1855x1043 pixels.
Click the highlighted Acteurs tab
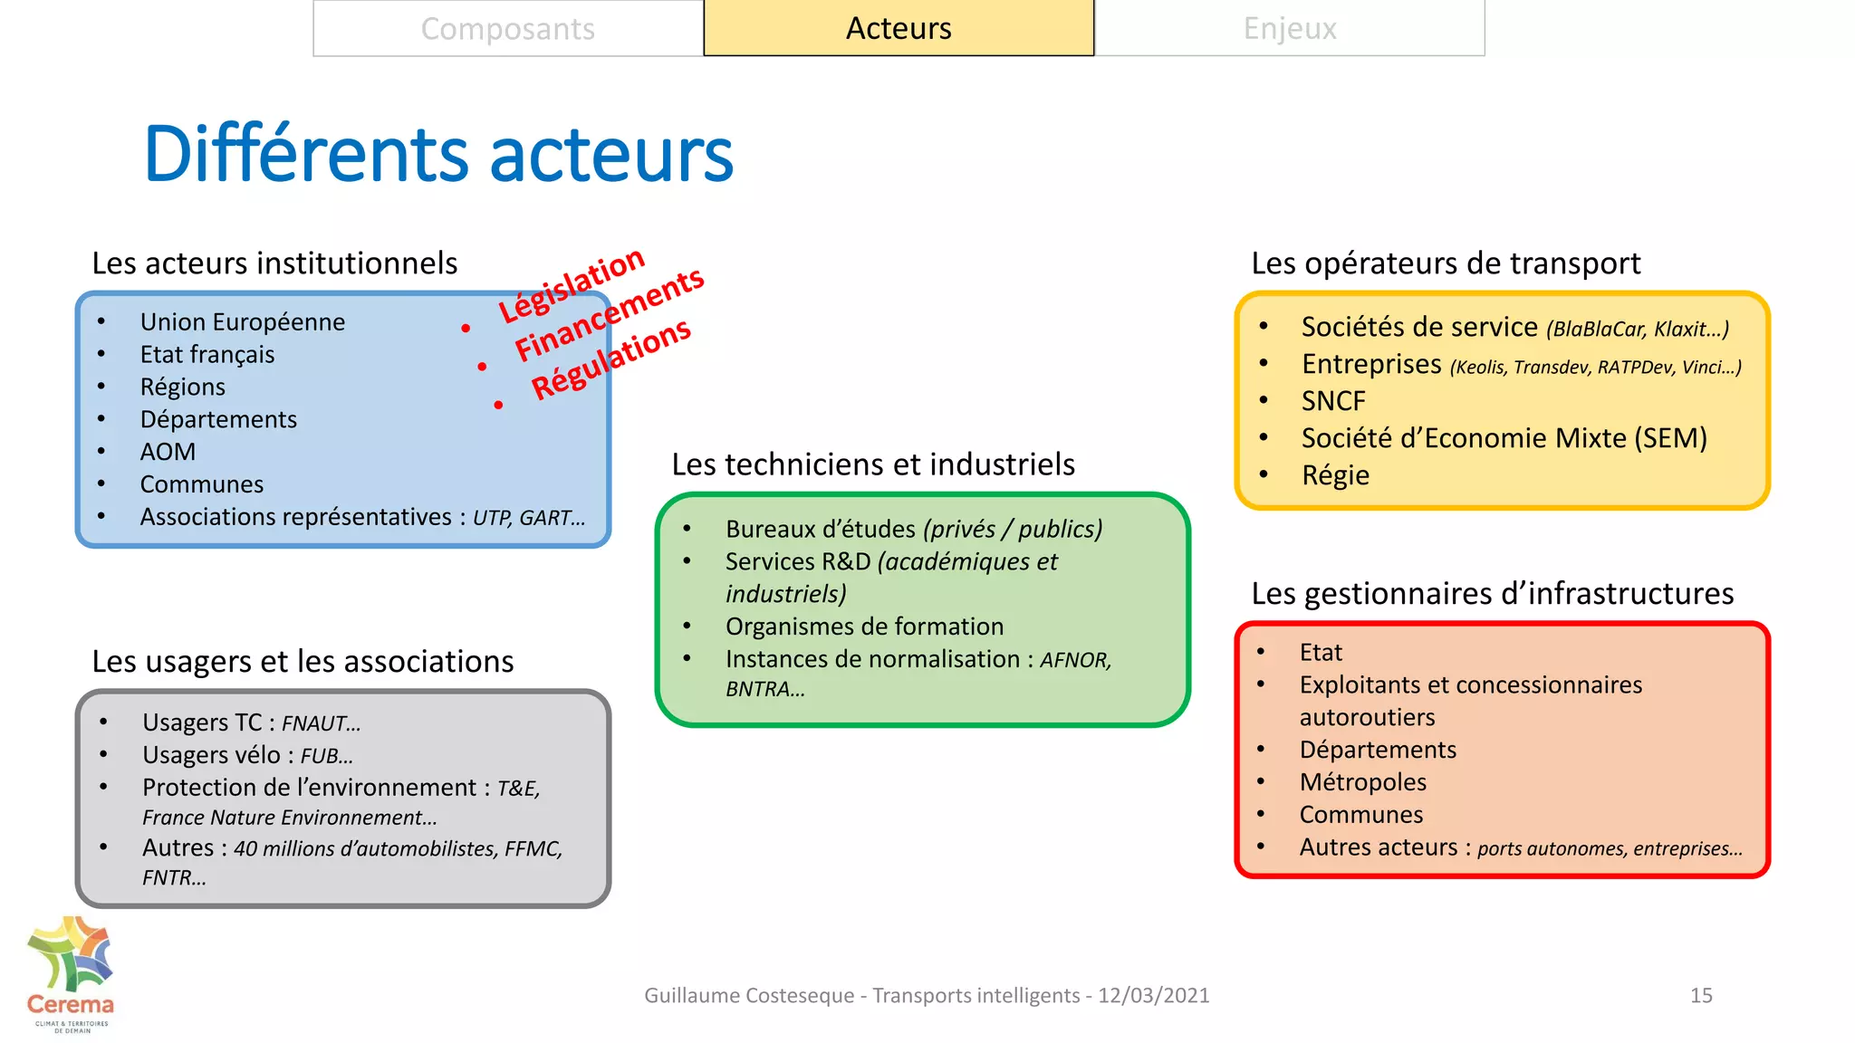(x=899, y=29)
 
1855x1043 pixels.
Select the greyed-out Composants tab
(x=507, y=29)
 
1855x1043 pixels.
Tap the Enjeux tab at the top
(x=1290, y=29)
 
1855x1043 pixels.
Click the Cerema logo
(x=70, y=974)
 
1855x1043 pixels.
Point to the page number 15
(x=1701, y=996)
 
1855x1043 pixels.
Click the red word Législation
(x=572, y=284)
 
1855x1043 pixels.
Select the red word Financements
(x=610, y=314)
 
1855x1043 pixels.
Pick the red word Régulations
(x=611, y=359)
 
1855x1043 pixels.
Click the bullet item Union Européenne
(x=243, y=322)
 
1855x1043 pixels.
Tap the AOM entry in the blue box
(x=168, y=452)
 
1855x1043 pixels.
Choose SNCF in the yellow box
(x=1333, y=401)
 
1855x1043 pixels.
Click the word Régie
(x=1335, y=475)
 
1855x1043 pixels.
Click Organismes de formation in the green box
(x=864, y=627)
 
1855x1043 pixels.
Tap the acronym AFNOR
(x=1073, y=661)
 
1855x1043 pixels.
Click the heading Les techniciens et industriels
(x=873, y=464)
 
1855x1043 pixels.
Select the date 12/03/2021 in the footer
(x=1154, y=996)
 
